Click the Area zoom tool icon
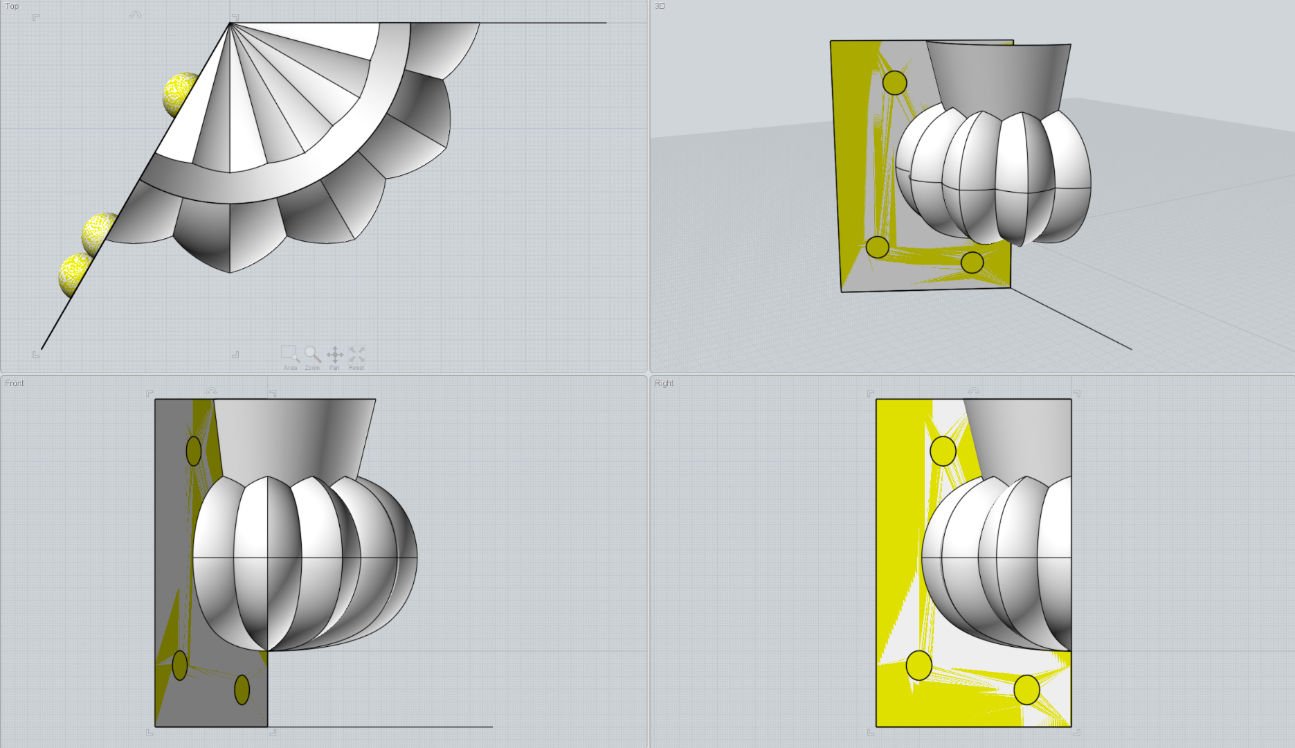[290, 354]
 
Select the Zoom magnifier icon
[312, 354]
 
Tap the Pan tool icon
[334, 355]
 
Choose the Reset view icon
[356, 354]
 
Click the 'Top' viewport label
[12, 6]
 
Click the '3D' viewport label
[660, 6]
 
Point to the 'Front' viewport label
[15, 383]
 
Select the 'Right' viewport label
[664, 383]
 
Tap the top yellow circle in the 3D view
[894, 82]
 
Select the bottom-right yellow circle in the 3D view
[972, 262]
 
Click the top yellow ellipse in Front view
[194, 451]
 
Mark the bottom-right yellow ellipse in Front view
[242, 690]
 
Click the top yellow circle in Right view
[943, 451]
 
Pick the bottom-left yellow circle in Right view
[918, 666]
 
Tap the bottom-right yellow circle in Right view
[1026, 690]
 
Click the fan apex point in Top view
[230, 24]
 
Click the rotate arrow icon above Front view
[211, 391]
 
